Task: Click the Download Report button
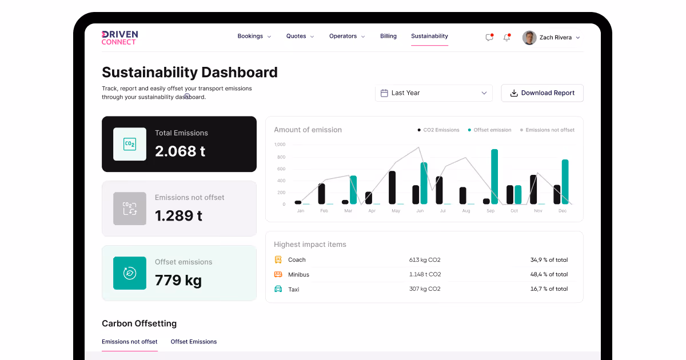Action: pos(542,93)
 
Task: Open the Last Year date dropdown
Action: pos(433,93)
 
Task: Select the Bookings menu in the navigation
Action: pos(254,36)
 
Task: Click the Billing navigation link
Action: pos(388,36)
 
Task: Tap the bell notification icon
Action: pos(506,38)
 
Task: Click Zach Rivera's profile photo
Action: pos(529,38)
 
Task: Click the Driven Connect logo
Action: pos(119,38)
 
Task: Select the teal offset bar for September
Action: pos(494,177)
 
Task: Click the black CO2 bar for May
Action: pos(392,187)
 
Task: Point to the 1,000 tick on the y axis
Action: pos(280,145)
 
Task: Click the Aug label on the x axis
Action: pos(466,211)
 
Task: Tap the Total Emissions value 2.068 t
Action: pos(180,151)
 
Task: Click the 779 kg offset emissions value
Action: pos(178,281)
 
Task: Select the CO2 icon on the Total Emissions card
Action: pos(130,144)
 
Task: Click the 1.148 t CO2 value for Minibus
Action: pos(425,275)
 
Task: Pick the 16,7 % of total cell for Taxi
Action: pos(549,289)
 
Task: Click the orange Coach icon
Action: pos(278,259)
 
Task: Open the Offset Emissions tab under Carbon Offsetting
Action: pos(194,342)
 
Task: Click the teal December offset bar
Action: pos(565,182)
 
